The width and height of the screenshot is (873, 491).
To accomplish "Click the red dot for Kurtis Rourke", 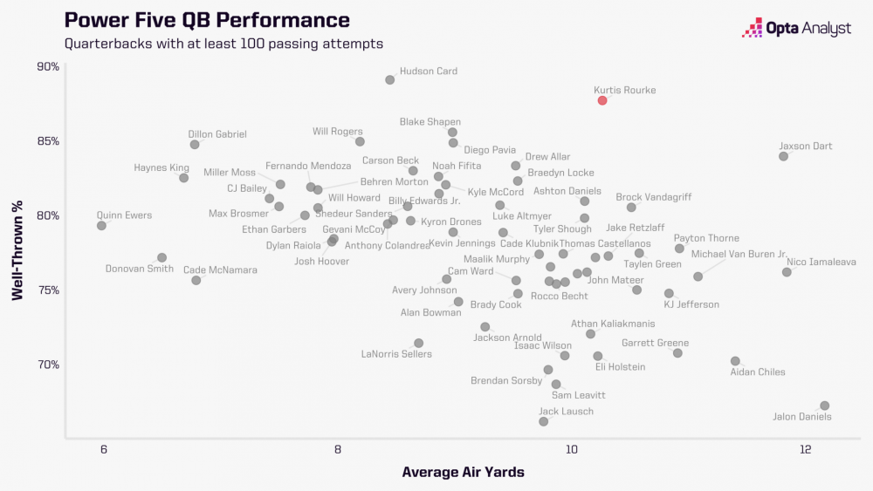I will click(x=602, y=100).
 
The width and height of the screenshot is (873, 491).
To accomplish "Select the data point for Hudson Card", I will click(x=389, y=80).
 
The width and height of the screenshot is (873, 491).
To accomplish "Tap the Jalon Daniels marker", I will click(x=824, y=406).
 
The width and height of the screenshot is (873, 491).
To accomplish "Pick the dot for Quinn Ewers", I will click(x=101, y=225).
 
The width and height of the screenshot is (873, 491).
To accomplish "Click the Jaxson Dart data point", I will click(x=783, y=156).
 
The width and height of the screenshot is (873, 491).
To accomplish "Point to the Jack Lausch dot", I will click(x=543, y=421).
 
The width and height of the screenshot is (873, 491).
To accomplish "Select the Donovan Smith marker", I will click(x=162, y=257).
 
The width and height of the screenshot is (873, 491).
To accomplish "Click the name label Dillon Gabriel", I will click(x=217, y=134).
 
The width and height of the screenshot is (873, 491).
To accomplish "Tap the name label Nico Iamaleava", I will click(x=821, y=262).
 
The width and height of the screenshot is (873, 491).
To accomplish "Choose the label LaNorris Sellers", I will click(x=396, y=354).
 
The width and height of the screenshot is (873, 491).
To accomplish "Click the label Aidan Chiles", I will click(x=758, y=372).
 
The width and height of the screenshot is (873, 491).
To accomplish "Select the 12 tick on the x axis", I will click(x=805, y=450).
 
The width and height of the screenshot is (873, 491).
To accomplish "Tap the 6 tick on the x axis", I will click(x=104, y=450).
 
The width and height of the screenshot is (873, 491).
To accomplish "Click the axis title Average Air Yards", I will click(x=463, y=472).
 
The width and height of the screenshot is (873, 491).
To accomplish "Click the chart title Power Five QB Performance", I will click(x=207, y=20).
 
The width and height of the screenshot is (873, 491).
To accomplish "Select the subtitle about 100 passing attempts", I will click(x=223, y=43).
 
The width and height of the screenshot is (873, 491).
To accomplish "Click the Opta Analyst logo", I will click(x=796, y=29).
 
